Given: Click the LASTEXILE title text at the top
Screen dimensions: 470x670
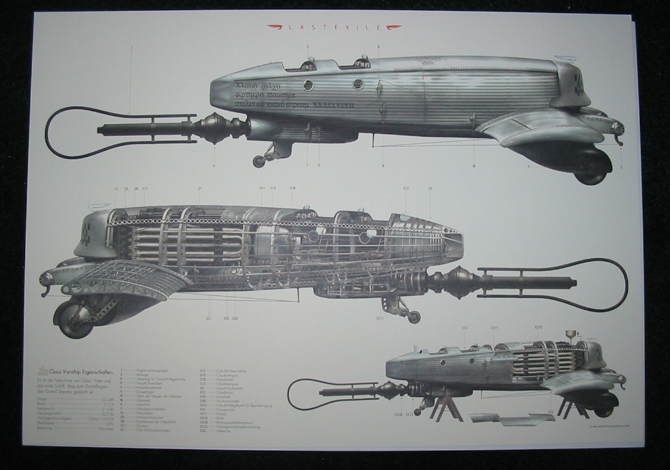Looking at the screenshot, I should pos(335,27).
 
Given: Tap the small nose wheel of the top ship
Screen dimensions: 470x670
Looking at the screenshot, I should pos(259,161).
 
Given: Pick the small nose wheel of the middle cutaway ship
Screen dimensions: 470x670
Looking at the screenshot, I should pos(413,316).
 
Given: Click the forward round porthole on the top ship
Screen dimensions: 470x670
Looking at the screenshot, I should pos(307,85).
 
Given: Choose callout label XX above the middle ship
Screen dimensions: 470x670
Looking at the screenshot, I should pos(430,189).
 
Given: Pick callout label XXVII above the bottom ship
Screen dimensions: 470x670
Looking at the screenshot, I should pos(537,327).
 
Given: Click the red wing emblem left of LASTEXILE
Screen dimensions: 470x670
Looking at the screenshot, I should pos(276,27).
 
